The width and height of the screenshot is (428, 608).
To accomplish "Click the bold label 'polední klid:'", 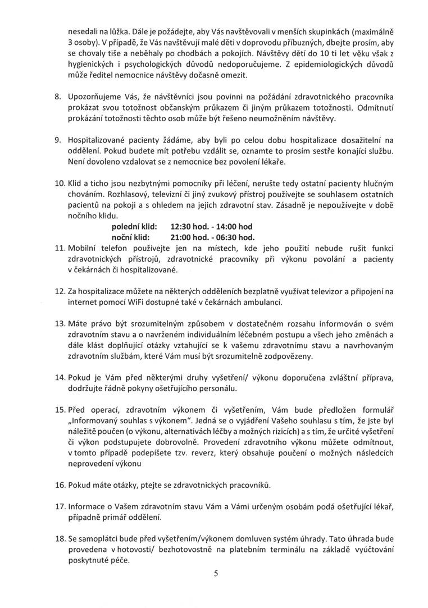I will (135, 226).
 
